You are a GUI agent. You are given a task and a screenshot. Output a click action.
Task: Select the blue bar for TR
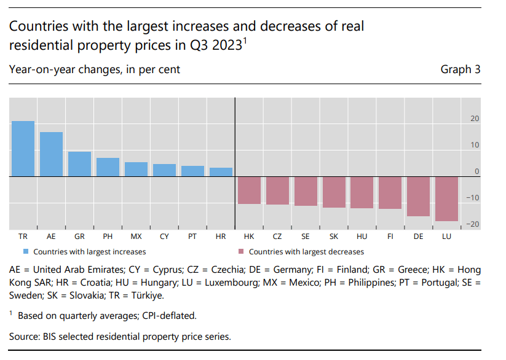pos(23,149)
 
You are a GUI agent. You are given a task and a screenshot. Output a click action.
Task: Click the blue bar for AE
pos(52,154)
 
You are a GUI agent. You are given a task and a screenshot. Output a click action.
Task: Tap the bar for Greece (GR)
pos(80,164)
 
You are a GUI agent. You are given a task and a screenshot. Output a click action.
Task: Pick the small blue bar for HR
pos(221,172)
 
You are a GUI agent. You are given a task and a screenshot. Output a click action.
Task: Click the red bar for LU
pos(447,198)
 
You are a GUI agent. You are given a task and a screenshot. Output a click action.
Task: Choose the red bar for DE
pos(419,196)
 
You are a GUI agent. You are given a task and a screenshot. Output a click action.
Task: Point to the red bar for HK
pos(249,190)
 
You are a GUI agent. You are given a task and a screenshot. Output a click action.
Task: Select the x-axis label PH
pos(108,236)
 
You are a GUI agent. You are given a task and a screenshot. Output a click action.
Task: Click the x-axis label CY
pos(164,236)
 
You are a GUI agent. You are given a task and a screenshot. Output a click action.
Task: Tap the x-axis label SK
pos(334,236)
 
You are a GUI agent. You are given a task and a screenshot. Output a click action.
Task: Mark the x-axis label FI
pos(390,236)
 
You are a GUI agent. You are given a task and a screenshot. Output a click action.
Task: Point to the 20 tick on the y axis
pos(475,118)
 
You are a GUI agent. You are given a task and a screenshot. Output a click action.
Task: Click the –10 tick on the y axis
pos(473,197)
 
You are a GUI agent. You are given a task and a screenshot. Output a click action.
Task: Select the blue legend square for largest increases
pos(26,251)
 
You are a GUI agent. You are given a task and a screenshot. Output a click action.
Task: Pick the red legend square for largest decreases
pos(241,251)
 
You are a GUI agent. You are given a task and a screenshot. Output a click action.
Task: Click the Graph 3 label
pos(461,69)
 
